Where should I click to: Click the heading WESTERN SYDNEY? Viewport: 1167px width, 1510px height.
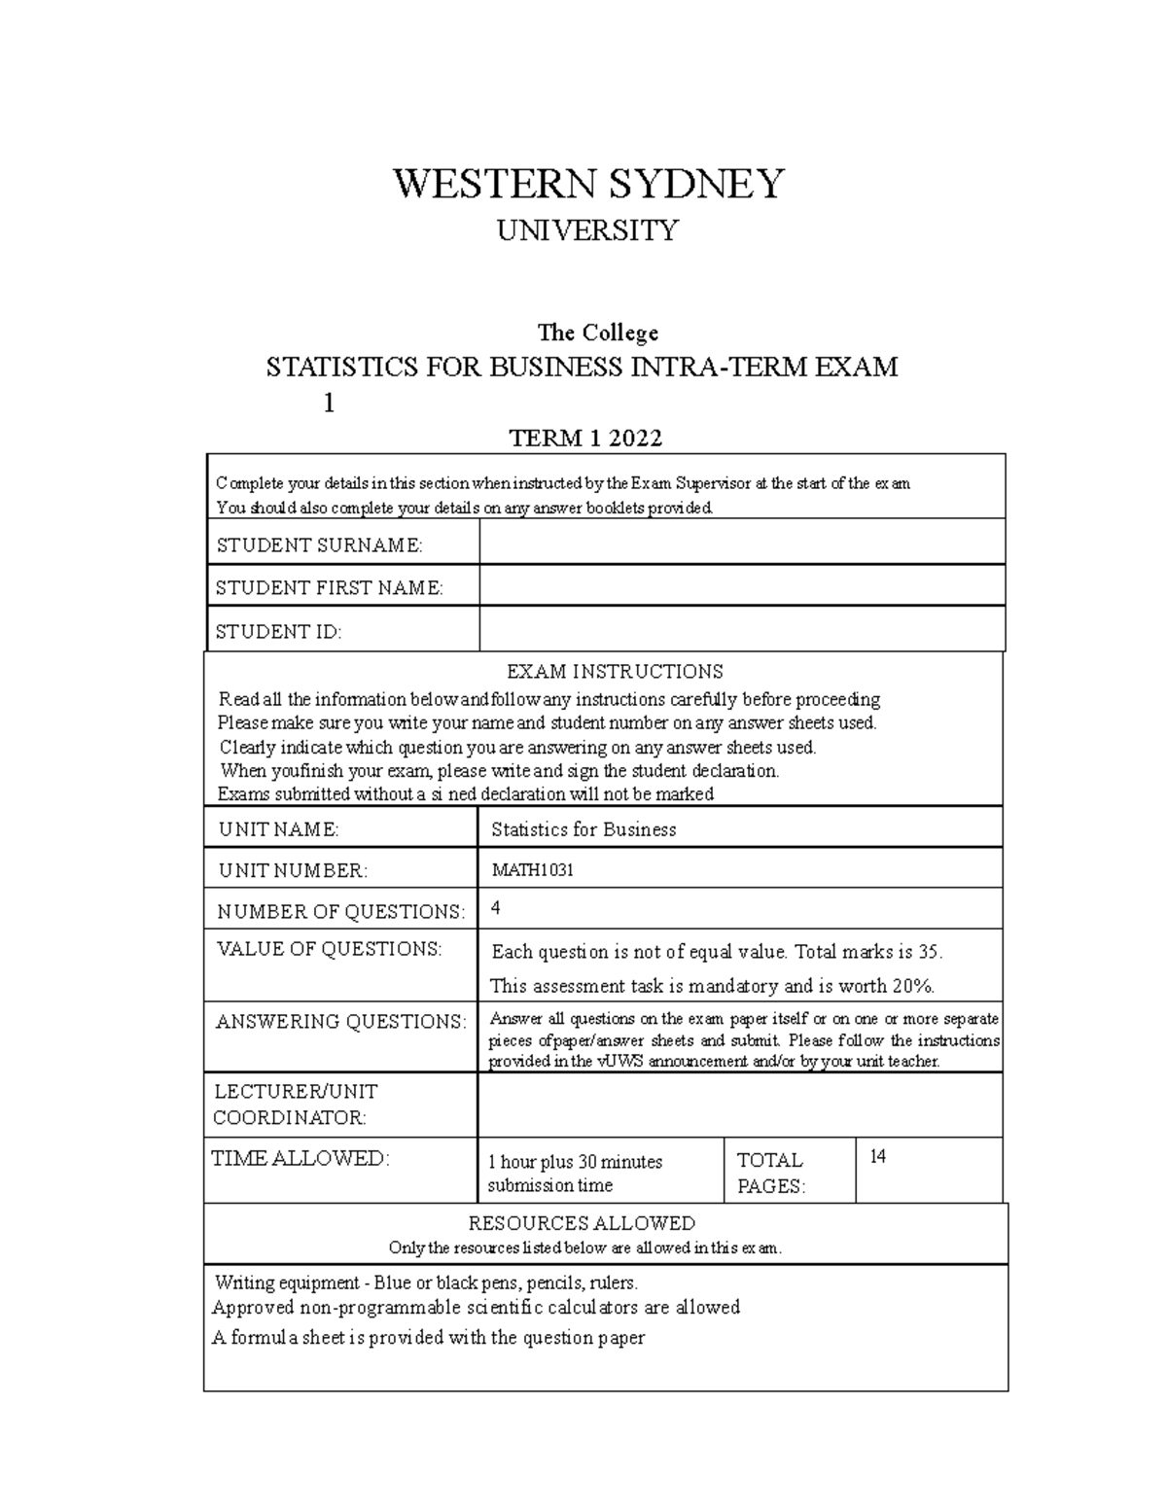(x=587, y=183)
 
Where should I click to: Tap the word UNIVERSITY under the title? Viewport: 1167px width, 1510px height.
(x=587, y=230)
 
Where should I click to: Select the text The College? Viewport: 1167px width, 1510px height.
(x=598, y=333)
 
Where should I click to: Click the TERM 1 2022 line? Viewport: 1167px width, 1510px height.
(x=585, y=439)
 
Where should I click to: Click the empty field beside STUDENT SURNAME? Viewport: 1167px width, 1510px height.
(x=741, y=542)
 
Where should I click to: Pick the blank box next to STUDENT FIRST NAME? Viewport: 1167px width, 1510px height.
(x=741, y=585)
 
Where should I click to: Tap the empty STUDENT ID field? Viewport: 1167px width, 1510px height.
(x=741, y=629)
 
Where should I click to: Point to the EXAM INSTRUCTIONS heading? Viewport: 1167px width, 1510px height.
(x=615, y=672)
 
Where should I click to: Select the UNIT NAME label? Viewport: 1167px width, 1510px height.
(x=278, y=829)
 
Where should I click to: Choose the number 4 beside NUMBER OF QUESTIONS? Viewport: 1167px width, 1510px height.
(x=496, y=908)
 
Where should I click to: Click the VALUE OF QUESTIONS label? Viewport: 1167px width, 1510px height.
(x=329, y=949)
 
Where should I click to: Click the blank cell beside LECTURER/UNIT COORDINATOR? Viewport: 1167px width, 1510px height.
(x=739, y=1105)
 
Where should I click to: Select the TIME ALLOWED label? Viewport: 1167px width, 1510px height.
(x=301, y=1158)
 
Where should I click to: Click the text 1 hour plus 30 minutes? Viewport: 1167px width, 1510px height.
(x=575, y=1162)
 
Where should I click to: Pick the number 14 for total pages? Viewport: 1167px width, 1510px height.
(x=877, y=1157)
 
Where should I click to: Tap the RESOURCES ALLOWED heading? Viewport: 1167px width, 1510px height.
(x=582, y=1223)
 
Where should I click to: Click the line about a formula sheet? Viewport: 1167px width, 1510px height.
(x=428, y=1338)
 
